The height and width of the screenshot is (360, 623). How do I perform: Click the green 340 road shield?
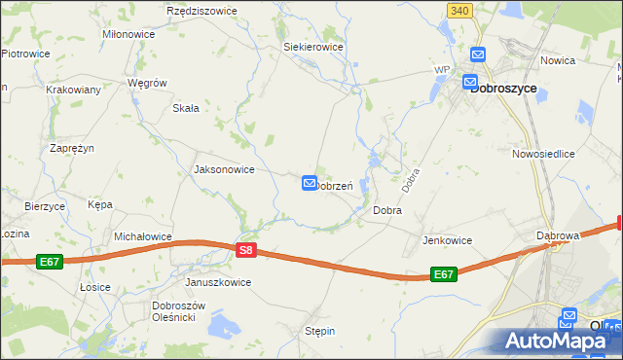[462, 10]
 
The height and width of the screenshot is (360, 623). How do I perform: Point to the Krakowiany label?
[73, 89]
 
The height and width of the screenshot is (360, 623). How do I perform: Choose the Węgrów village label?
[148, 84]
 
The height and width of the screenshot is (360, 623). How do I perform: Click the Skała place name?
[186, 108]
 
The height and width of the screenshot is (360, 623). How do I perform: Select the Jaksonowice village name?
[225, 169]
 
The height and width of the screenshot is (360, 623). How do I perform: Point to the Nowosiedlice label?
[544, 154]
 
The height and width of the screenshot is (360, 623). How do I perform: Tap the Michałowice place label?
[143, 236]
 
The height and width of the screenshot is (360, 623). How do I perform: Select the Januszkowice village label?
[218, 282]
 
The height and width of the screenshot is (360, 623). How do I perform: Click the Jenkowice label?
[447, 240]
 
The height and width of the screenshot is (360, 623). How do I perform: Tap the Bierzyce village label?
[45, 206]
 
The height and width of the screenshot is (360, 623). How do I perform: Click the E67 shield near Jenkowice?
[444, 274]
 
